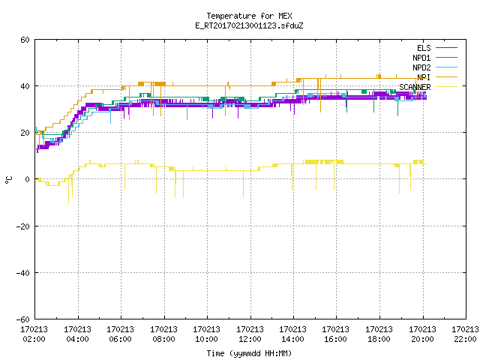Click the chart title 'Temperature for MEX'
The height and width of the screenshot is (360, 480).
[249, 16]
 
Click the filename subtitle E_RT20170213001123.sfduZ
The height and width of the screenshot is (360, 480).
[249, 25]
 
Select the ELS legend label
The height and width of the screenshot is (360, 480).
[424, 48]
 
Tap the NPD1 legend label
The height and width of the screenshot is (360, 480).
[421, 58]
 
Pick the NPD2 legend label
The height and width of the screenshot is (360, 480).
[421, 67]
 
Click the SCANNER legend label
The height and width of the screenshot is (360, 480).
[415, 87]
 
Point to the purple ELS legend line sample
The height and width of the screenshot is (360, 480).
[447, 48]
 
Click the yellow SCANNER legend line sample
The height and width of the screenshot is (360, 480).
[447, 87]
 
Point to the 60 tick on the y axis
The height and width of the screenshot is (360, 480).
[25, 40]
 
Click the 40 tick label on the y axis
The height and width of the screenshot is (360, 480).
[25, 86]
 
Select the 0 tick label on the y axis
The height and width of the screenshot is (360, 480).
[27, 179]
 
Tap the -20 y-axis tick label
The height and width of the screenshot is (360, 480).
[23, 226]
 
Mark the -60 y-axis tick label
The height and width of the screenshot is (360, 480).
[23, 319]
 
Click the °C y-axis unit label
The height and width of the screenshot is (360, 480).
[8, 180]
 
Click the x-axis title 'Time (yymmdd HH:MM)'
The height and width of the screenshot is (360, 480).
[249, 353]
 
